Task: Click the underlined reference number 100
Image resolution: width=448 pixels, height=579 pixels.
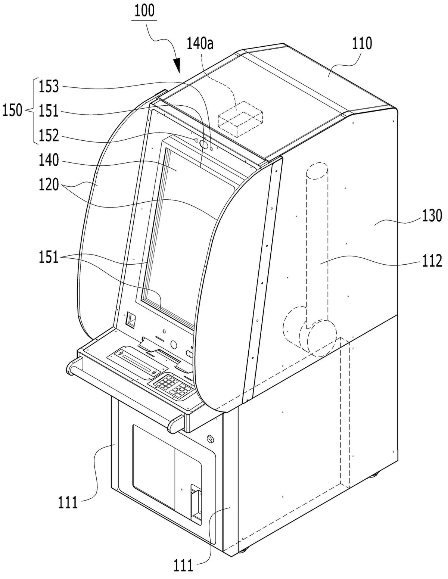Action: [x=144, y=11]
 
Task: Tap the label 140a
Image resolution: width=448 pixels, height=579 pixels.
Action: [x=200, y=44]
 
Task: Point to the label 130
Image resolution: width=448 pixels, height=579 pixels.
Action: [x=432, y=215]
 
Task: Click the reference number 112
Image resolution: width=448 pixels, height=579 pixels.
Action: [x=432, y=261]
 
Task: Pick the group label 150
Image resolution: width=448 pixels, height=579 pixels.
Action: [x=12, y=110]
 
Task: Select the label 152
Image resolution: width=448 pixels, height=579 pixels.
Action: [x=49, y=136]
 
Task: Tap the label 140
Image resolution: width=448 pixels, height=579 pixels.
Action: [x=49, y=161]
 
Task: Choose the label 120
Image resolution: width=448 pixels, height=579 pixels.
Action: [x=49, y=185]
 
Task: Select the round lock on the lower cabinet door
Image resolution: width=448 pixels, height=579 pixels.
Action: [x=211, y=439]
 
